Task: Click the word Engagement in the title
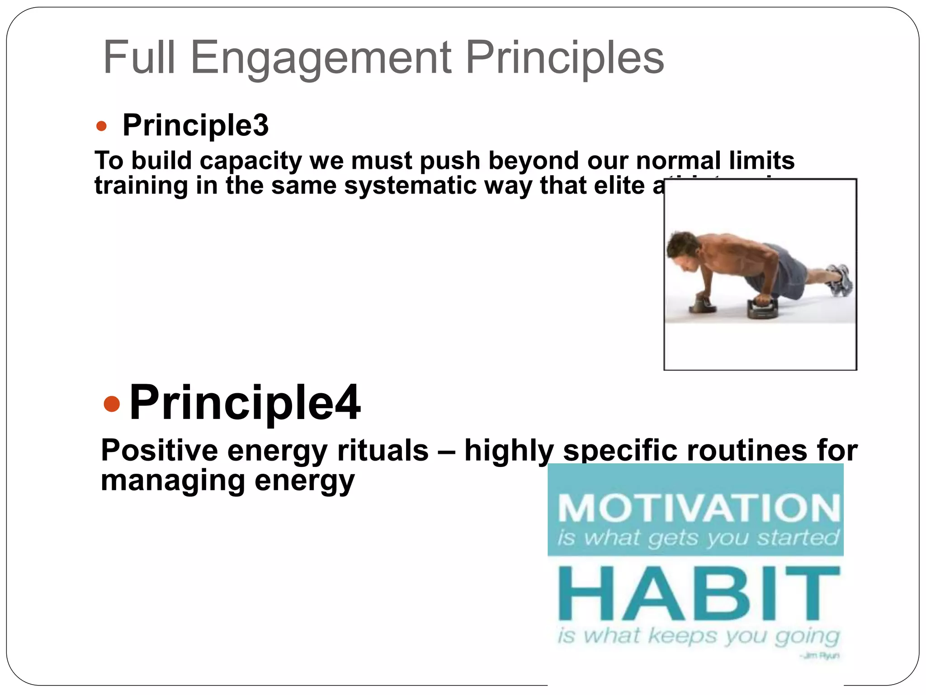pos(321,58)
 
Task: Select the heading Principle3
pos(195,125)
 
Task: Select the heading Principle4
pos(245,402)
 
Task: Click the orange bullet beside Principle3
pos(101,126)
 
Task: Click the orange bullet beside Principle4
pos(112,403)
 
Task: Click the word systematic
pos(410,186)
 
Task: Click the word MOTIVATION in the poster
pos(699,508)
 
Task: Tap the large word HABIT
pos(699,593)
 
